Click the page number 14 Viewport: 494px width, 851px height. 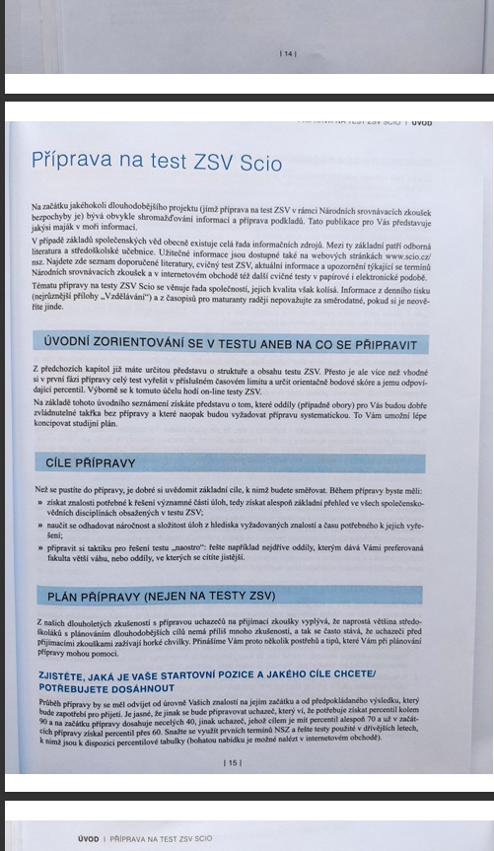tap(288, 52)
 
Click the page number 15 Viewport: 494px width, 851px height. tap(233, 762)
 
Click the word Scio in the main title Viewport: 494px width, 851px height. tap(259, 162)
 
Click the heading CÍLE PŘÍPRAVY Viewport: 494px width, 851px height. tap(91, 462)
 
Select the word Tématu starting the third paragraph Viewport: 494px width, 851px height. tap(46, 284)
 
